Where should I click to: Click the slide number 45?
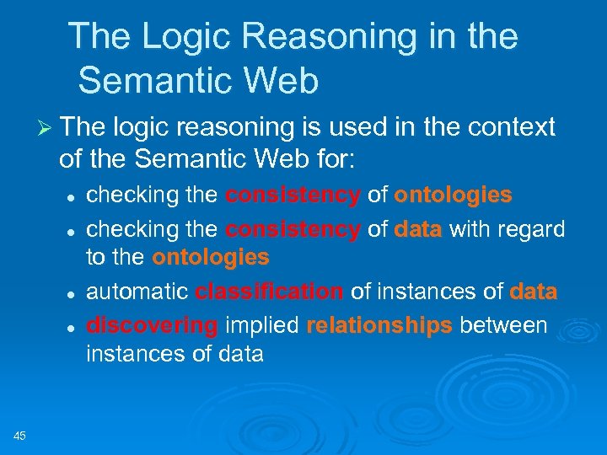click(x=20, y=435)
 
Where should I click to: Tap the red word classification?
click(x=269, y=292)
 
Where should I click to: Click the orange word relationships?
click(x=379, y=324)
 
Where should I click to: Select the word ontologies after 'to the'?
click(x=211, y=257)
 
